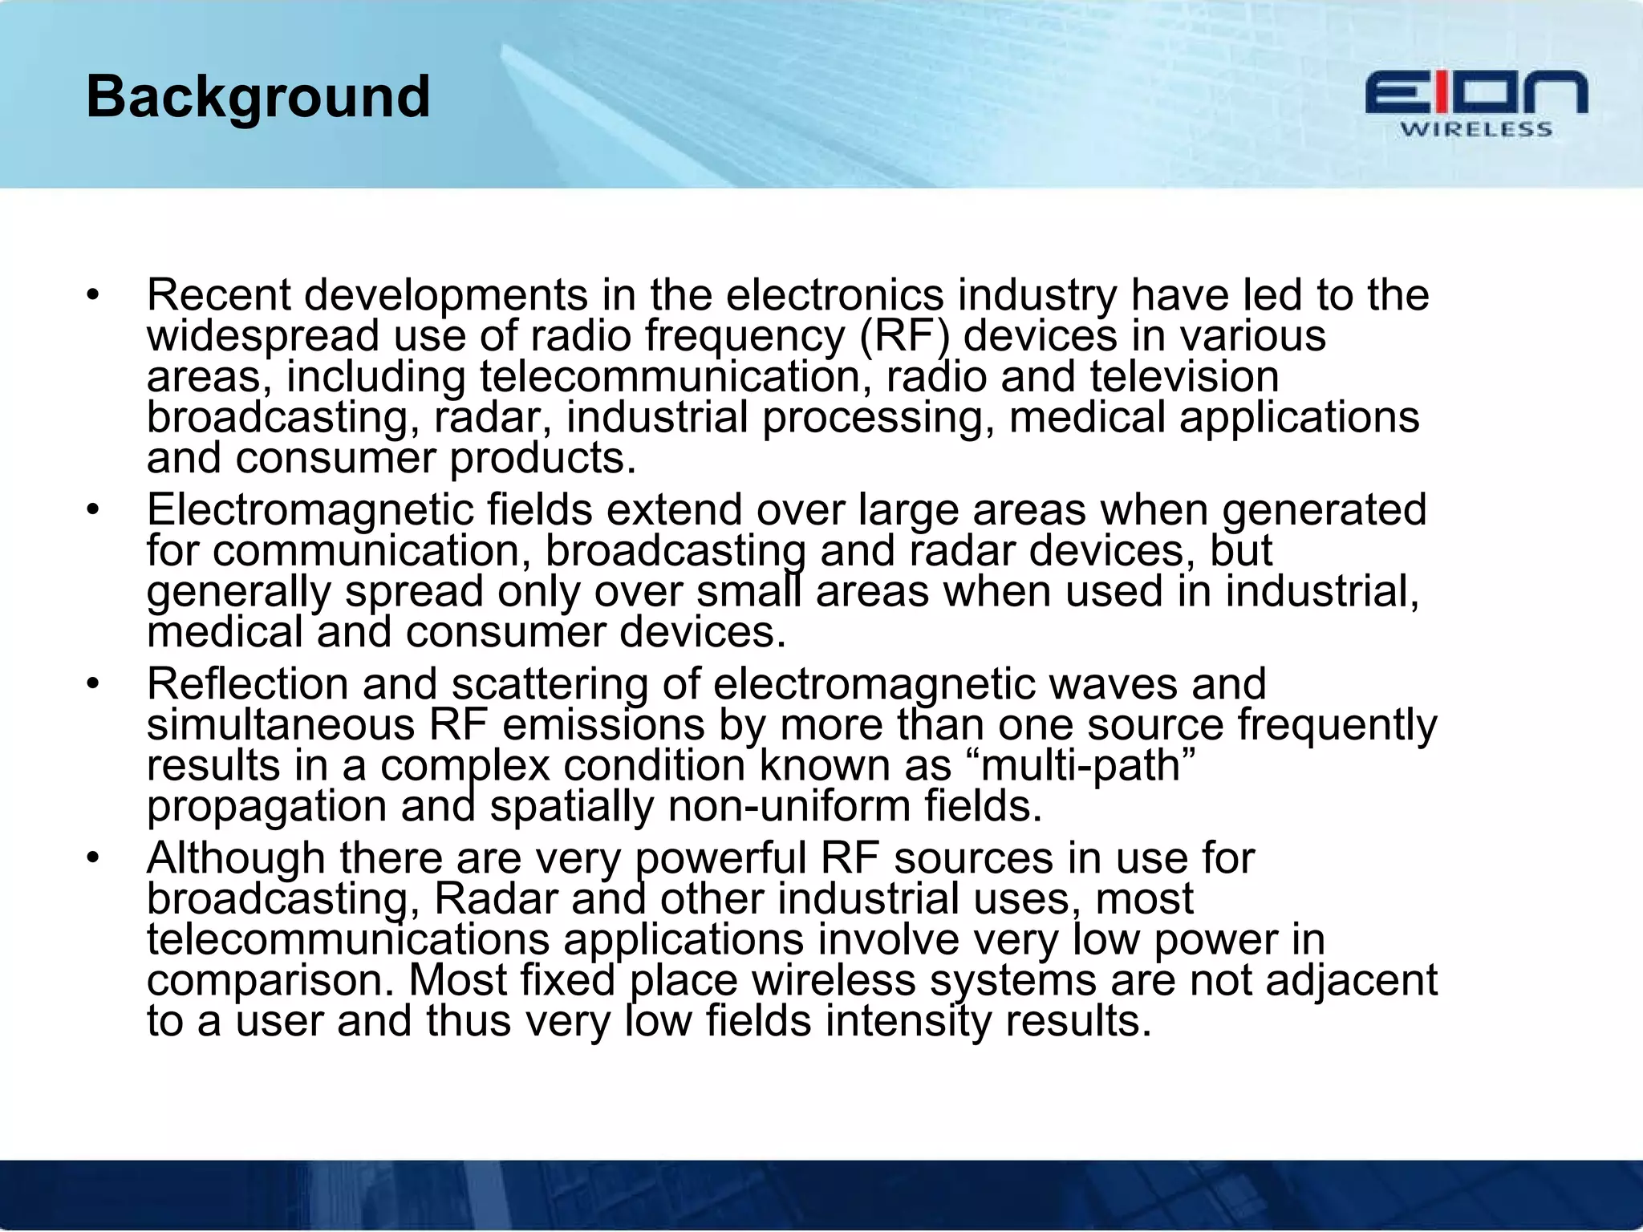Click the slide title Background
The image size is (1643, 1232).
coord(258,97)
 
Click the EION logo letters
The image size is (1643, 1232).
coord(1476,93)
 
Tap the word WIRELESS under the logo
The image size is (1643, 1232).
coord(1476,130)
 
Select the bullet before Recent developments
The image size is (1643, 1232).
coord(94,295)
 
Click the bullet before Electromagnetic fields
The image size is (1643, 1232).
coord(94,510)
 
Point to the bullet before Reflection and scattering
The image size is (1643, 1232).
coord(94,684)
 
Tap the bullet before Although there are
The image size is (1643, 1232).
coord(94,858)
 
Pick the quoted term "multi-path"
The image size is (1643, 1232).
coord(1088,764)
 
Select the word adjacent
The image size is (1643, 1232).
coord(1351,980)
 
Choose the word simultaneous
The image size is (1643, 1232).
coord(281,724)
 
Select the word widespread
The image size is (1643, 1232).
coord(262,335)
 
